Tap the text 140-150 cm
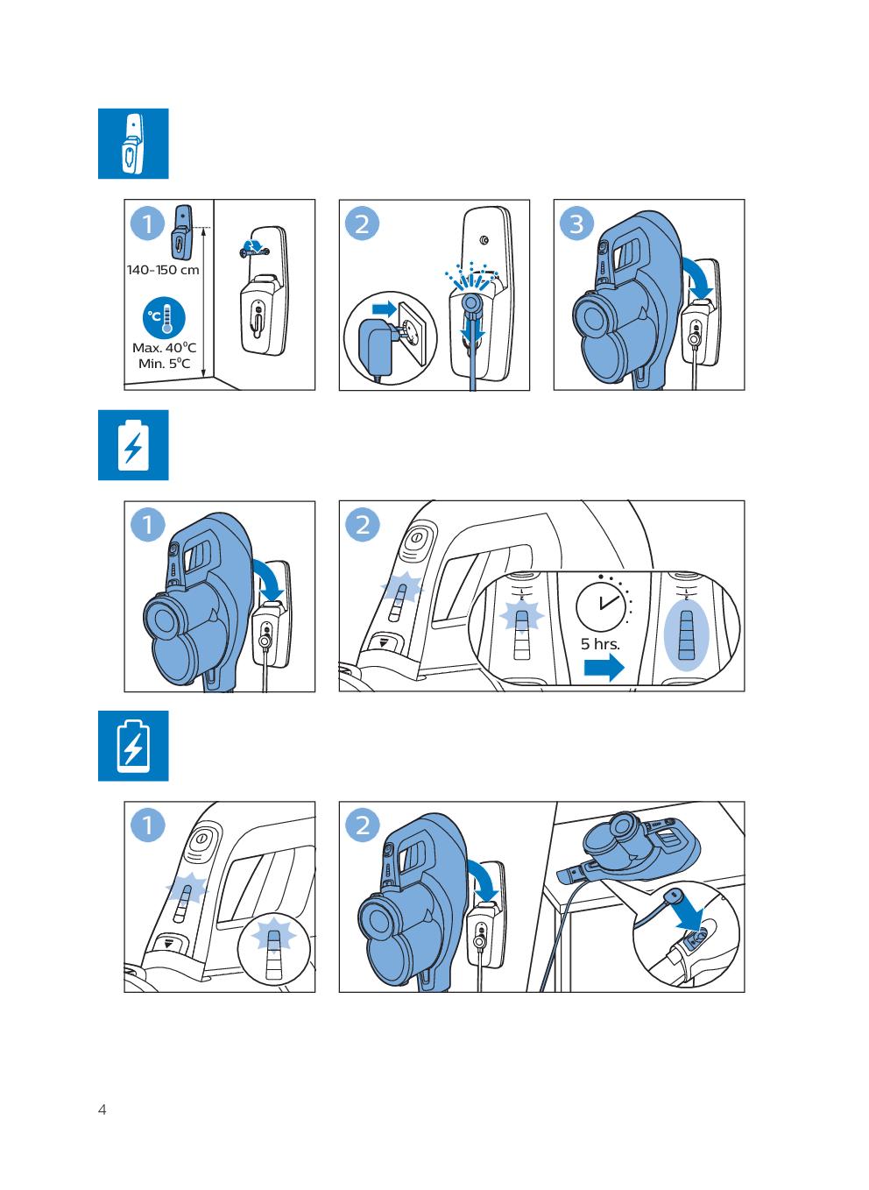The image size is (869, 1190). (163, 270)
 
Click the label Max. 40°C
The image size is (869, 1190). (164, 348)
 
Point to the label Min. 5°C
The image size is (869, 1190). (164, 364)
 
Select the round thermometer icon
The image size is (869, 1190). (164, 318)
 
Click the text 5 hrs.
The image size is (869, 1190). (600, 644)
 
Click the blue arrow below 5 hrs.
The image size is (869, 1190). (604, 667)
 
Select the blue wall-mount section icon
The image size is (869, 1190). (133, 144)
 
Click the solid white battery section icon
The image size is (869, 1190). (133, 445)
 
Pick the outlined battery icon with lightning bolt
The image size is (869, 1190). (133, 746)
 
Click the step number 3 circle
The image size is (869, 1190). (576, 223)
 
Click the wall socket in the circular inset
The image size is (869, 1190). (413, 333)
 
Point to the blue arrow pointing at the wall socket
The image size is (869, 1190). (384, 308)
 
